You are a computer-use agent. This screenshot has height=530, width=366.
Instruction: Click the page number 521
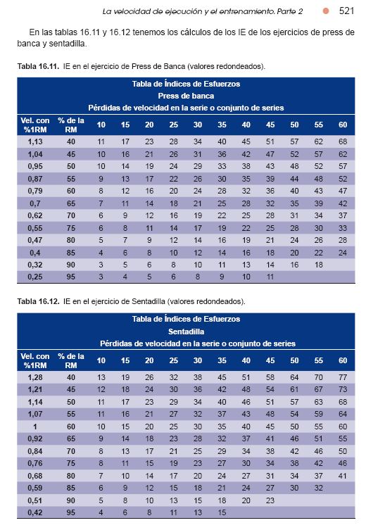pyautogui.click(x=346, y=11)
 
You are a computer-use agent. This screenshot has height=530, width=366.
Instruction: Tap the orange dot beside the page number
pyautogui.click(x=326, y=11)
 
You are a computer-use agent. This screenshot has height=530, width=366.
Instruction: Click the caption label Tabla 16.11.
pyautogui.click(x=38, y=66)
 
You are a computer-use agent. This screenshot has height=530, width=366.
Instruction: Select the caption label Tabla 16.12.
pyautogui.click(x=38, y=301)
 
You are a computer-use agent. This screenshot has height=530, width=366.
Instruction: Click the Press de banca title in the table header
pyautogui.click(x=186, y=96)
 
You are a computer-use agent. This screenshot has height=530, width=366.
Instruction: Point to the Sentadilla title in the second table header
pyautogui.click(x=186, y=332)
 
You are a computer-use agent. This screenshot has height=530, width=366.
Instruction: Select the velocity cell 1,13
pyautogui.click(x=35, y=141)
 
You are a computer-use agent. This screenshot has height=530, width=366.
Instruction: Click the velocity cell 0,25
pyautogui.click(x=35, y=277)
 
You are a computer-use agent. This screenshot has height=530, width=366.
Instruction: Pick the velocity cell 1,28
pyautogui.click(x=35, y=377)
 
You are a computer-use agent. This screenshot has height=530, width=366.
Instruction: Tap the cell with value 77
pyautogui.click(x=343, y=377)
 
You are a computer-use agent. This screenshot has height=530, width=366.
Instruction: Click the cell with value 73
pyautogui.click(x=343, y=389)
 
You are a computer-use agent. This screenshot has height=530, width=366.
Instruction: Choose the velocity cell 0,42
pyautogui.click(x=35, y=512)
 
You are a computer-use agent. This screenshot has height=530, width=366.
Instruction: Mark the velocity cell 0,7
pyautogui.click(x=35, y=203)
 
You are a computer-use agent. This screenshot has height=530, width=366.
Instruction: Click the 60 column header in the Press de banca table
pyautogui.click(x=343, y=125)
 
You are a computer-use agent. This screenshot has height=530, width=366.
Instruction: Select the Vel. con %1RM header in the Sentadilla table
pyautogui.click(x=35, y=360)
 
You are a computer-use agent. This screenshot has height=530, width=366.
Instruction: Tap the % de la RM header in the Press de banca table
pyautogui.click(x=71, y=125)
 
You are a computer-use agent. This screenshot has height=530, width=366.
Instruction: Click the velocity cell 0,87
pyautogui.click(x=35, y=179)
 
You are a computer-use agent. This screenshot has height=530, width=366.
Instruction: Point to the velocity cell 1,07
pyautogui.click(x=35, y=414)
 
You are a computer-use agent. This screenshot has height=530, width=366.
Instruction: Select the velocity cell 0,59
pyautogui.click(x=35, y=488)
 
